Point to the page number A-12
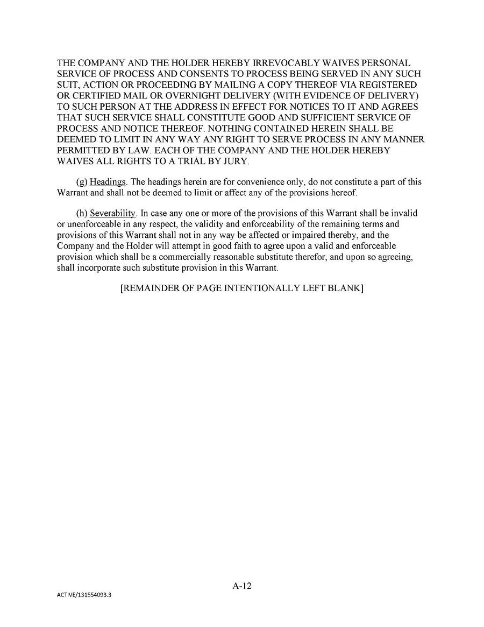(x=242, y=586)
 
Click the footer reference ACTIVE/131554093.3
(x=87, y=596)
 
